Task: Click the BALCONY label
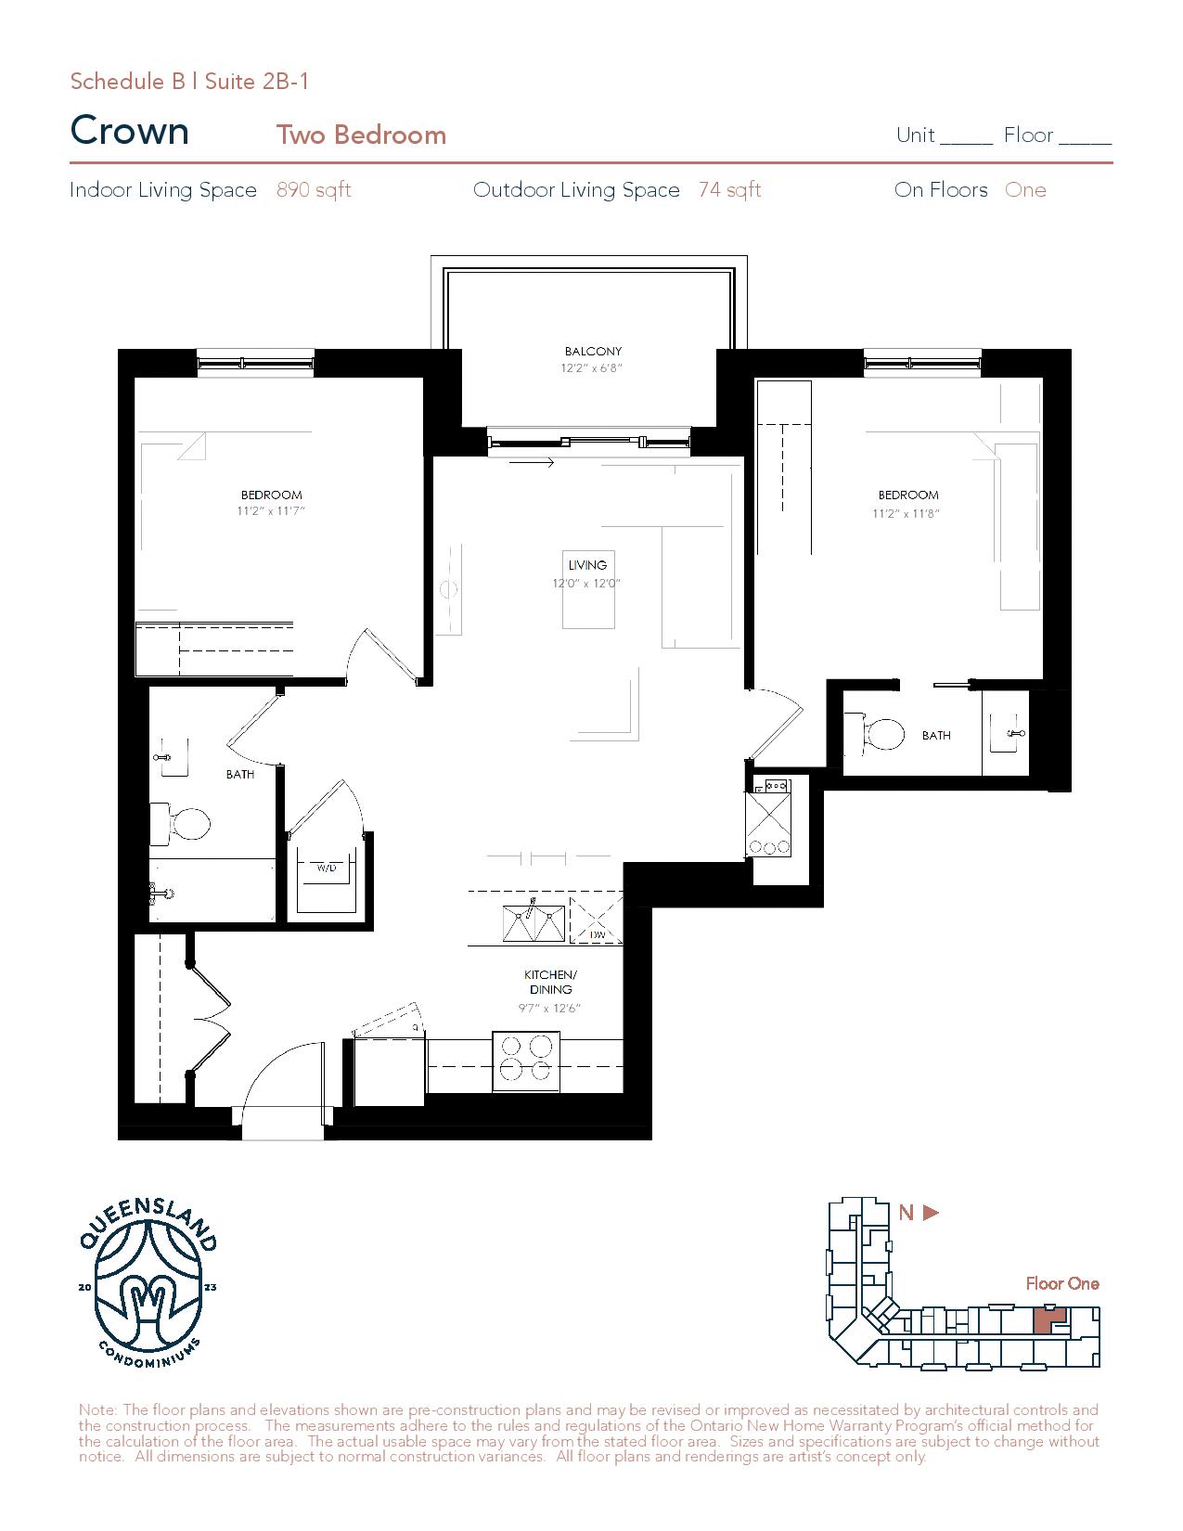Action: [x=593, y=351]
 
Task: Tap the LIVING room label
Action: [x=587, y=565]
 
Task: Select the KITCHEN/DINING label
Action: [x=550, y=982]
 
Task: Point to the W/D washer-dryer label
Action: [x=327, y=868]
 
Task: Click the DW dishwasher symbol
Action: [x=596, y=920]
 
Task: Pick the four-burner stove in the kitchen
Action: [x=525, y=1061]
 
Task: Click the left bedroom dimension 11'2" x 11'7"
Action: [x=271, y=511]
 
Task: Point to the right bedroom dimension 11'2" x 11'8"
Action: [x=907, y=514]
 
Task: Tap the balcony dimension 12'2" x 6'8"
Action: [x=592, y=367]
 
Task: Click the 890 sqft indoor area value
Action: [x=314, y=189]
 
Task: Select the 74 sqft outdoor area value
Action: [x=730, y=189]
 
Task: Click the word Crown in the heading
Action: [x=130, y=131]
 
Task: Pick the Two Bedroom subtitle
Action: [x=362, y=135]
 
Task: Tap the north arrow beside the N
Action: [x=931, y=1213]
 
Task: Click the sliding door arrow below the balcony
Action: [x=532, y=463]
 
